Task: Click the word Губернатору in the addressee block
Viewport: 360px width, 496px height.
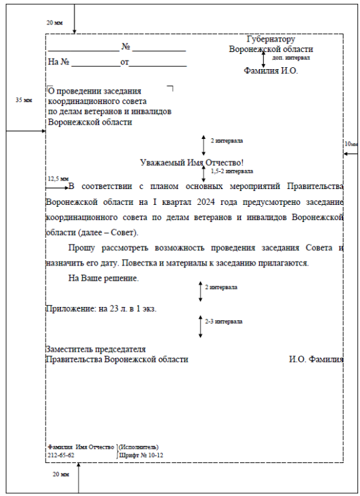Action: pyautogui.click(x=270, y=40)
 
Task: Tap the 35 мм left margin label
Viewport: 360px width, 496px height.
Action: pyautogui.click(x=24, y=100)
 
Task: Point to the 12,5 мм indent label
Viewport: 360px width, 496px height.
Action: pyautogui.click(x=58, y=179)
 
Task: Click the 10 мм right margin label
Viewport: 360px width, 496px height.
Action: pyautogui.click(x=351, y=144)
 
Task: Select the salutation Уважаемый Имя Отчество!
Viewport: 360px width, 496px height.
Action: pyautogui.click(x=193, y=163)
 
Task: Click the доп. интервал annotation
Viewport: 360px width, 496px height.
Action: pyautogui.click(x=291, y=58)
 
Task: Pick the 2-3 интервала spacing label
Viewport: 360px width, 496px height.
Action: pyautogui.click(x=224, y=321)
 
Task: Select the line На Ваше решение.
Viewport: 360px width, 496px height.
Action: pyautogui.click(x=104, y=279)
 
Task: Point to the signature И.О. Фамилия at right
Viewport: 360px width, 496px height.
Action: pyautogui.click(x=316, y=360)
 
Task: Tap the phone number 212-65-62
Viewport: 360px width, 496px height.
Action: pyautogui.click(x=61, y=455)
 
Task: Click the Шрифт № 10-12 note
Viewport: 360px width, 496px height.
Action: pyautogui.click(x=140, y=455)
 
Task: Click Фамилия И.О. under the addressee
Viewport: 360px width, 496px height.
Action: pyautogui.click(x=271, y=70)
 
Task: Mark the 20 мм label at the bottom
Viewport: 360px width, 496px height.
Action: pyautogui.click(x=60, y=475)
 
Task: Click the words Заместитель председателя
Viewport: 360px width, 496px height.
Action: pyautogui.click(x=96, y=349)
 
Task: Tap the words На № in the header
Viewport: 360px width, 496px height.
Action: pyautogui.click(x=59, y=62)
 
